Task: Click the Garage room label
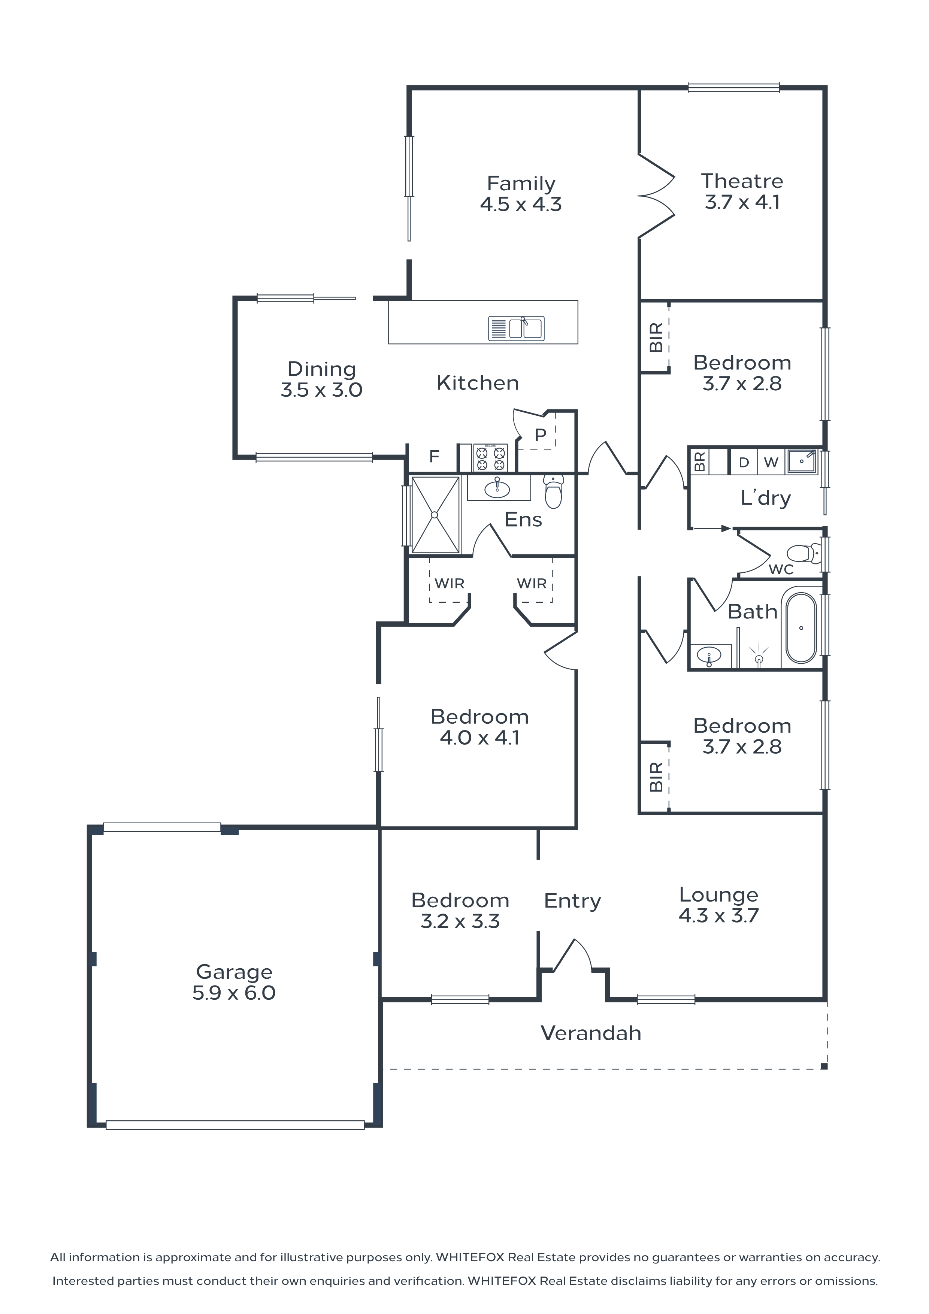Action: click(x=234, y=972)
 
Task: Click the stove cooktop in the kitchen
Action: click(x=490, y=457)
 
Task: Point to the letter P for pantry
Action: click(x=540, y=435)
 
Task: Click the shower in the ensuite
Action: click(x=435, y=515)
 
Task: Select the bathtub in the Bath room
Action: click(x=801, y=628)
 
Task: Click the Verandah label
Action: click(x=591, y=1033)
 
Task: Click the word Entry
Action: click(x=572, y=901)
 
